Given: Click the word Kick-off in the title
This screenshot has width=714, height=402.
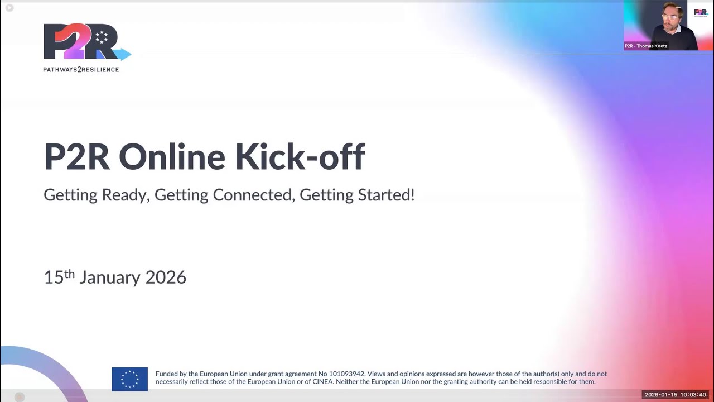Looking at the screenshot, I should click(300, 157).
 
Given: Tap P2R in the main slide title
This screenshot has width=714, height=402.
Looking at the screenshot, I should click(76, 157).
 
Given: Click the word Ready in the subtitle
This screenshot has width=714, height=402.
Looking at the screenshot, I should click(125, 195).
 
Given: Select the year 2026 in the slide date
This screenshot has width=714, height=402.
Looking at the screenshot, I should click(166, 277).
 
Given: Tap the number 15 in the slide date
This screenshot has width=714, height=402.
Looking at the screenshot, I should click(54, 277).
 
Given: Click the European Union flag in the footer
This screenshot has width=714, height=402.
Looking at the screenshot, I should click(129, 379).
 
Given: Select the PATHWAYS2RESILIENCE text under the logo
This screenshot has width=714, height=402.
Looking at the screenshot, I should click(81, 70).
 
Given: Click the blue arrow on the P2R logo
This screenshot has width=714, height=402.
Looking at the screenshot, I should click(123, 54).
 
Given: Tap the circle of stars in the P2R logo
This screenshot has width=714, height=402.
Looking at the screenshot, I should click(102, 37).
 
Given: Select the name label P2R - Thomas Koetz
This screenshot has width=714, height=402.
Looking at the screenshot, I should click(646, 46).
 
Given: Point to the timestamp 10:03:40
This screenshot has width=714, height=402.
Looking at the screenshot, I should click(693, 395).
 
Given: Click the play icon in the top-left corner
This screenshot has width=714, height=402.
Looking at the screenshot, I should click(9, 8).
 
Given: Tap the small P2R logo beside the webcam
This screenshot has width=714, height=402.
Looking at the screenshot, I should click(701, 12).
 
